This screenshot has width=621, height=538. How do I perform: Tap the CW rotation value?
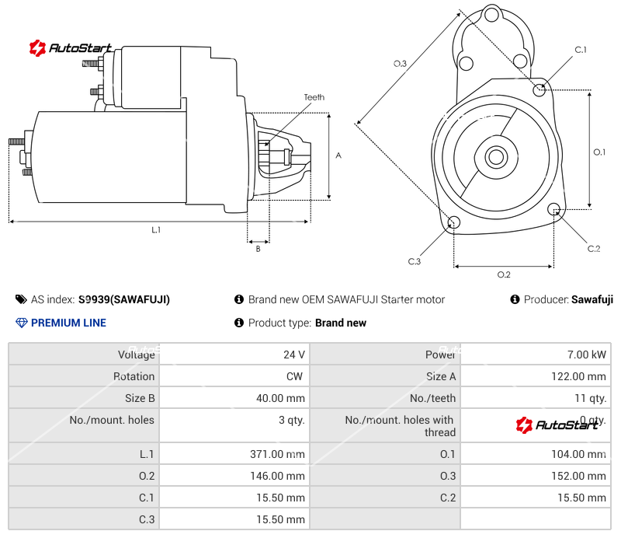click(x=297, y=376)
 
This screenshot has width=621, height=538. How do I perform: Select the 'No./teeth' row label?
click(x=433, y=398)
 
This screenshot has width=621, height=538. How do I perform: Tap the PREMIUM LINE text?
click(x=68, y=323)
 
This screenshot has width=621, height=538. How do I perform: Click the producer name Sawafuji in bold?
click(x=592, y=299)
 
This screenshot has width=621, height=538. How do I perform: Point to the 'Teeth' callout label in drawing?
click(x=314, y=97)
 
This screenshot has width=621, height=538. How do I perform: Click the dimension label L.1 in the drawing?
click(x=156, y=229)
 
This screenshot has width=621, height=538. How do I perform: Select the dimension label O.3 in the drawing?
click(x=400, y=64)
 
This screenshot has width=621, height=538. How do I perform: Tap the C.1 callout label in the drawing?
click(x=580, y=51)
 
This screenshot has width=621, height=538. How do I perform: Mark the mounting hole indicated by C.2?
click(x=554, y=209)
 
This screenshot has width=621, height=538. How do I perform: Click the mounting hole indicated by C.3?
click(x=454, y=224)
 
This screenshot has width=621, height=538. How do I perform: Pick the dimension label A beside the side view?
click(x=338, y=155)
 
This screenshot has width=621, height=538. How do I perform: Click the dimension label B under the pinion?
click(x=258, y=249)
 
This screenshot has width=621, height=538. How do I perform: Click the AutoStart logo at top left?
click(x=71, y=48)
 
